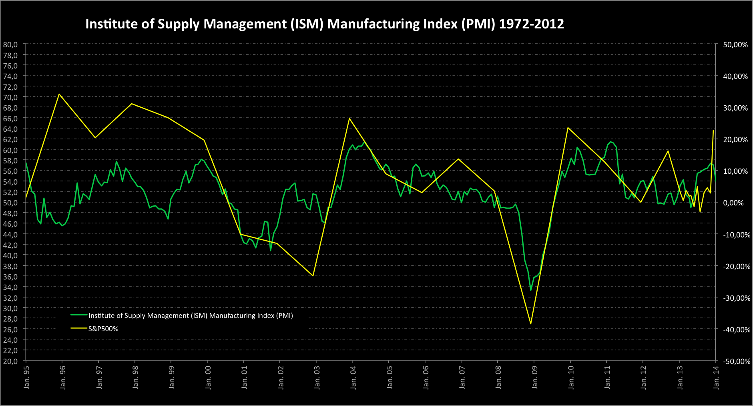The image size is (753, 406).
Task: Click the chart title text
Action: [324, 24]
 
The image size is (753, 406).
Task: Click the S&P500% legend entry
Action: [103, 329]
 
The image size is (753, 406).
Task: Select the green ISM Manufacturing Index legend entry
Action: [190, 316]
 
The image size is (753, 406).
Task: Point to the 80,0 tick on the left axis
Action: [10, 44]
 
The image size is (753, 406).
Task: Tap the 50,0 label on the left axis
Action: [10, 203]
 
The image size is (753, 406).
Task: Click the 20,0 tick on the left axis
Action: [10, 361]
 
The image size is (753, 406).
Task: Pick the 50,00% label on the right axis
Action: [735, 45]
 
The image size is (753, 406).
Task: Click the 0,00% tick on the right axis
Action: [737, 203]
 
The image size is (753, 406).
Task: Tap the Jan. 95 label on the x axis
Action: [27, 377]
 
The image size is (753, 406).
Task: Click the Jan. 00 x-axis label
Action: [208, 377]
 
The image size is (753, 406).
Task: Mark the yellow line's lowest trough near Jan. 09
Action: [531, 324]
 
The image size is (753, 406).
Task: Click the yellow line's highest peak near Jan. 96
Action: [59, 94]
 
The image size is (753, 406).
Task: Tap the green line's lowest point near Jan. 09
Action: [531, 290]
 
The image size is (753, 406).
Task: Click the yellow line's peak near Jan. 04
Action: [349, 118]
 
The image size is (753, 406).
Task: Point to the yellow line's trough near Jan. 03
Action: [313, 276]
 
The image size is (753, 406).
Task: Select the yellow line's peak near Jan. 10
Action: [568, 128]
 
